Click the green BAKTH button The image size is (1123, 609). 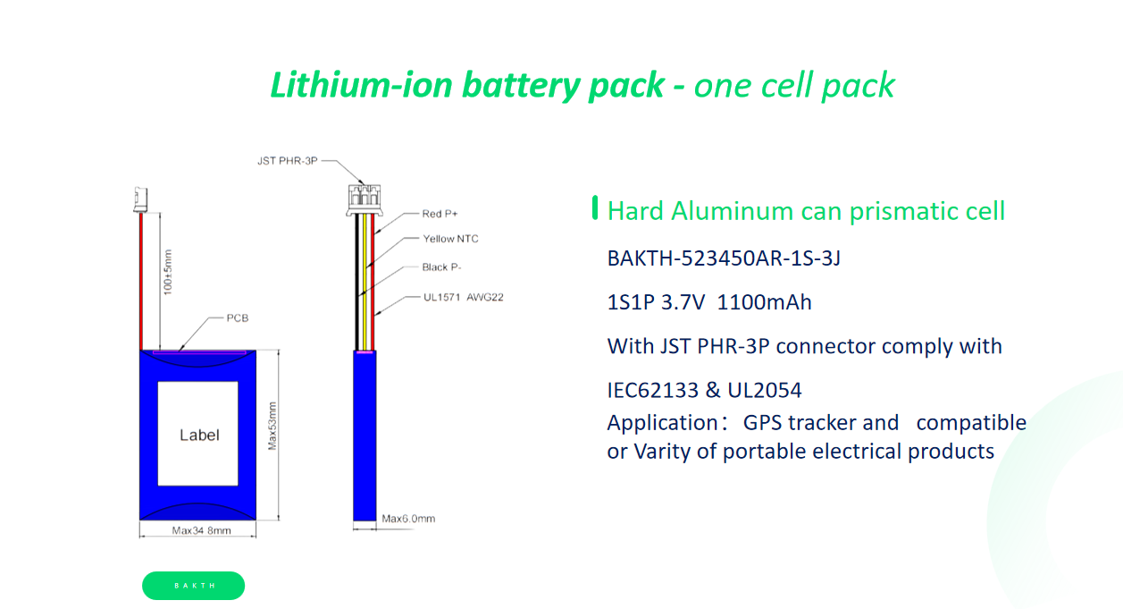click(x=194, y=586)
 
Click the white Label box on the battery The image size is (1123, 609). click(x=198, y=434)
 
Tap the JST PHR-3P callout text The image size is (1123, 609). click(x=288, y=161)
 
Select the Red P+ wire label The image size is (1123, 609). click(x=440, y=214)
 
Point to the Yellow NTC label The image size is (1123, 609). click(x=450, y=239)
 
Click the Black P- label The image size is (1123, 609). click(x=441, y=267)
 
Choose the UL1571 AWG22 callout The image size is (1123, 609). click(x=464, y=297)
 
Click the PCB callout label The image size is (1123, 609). click(x=237, y=318)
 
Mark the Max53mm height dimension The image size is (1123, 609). click(x=272, y=426)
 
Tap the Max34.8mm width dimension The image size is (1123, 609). click(x=202, y=530)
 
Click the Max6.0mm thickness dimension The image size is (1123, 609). click(x=408, y=519)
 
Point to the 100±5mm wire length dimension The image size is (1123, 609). click(x=167, y=273)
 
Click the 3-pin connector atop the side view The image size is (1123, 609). click(x=365, y=199)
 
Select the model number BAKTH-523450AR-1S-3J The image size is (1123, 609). click(x=724, y=258)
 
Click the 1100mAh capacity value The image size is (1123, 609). click(x=764, y=302)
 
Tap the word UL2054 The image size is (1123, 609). click(x=764, y=390)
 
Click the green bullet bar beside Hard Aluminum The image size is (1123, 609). click(x=595, y=207)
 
